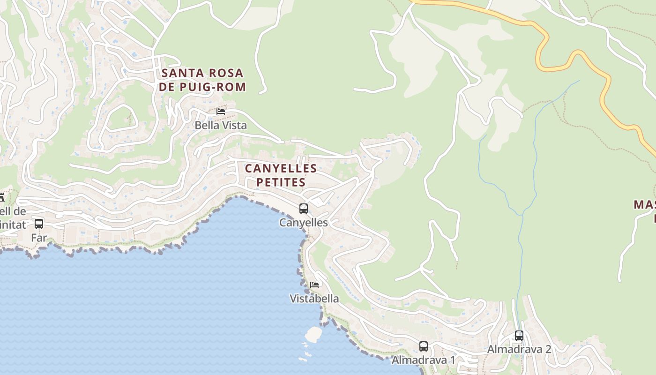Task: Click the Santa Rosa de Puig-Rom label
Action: pos(202,80)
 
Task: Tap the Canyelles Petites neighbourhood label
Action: pos(281,175)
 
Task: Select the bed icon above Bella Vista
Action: pos(221,112)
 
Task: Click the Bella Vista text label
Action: pos(220,125)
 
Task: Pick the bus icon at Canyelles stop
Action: pos(304,209)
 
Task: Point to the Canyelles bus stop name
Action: pos(304,222)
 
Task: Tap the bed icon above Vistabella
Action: pos(314,285)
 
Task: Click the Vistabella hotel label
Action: pos(314,299)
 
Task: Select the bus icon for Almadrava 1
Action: pos(424,346)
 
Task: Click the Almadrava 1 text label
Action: pos(423,360)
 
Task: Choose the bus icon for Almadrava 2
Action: pos(519,336)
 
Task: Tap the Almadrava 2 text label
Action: pos(519,349)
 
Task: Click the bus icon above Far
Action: pos(39,224)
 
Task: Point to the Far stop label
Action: pos(39,238)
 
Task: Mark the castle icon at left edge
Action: pos(1,197)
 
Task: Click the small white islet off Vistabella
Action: pos(313,334)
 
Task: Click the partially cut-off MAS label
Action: pos(645,205)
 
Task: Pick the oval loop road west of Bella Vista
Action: pos(120,119)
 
